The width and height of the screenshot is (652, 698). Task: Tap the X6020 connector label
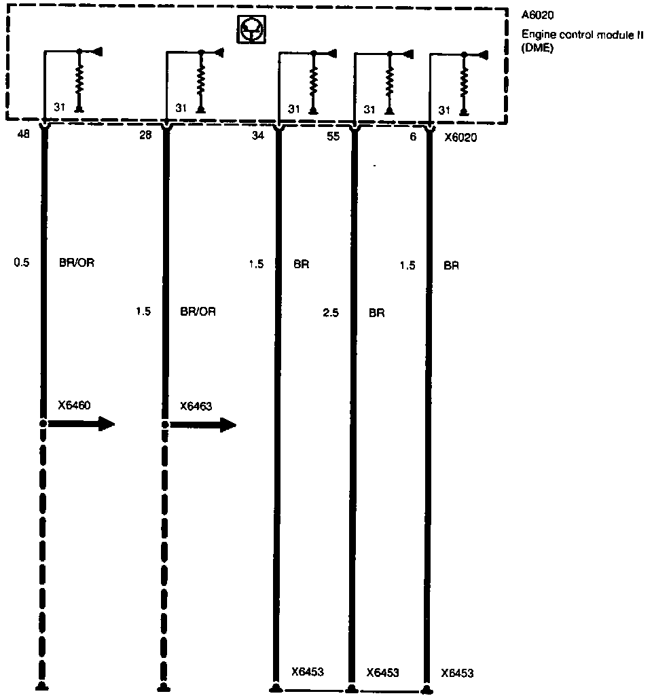(460, 136)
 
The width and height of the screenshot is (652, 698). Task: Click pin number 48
(23, 134)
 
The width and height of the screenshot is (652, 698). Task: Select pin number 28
(145, 135)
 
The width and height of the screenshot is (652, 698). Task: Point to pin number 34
(258, 135)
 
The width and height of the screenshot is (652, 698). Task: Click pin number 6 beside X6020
(412, 135)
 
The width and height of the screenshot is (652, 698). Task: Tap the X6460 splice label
(75, 405)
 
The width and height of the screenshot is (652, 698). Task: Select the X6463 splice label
(196, 406)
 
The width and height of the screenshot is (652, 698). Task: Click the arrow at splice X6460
(81, 424)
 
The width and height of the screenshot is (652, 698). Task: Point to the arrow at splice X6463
(203, 425)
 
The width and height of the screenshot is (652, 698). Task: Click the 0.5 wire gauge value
(22, 262)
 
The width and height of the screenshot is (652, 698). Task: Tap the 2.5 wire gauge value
(331, 313)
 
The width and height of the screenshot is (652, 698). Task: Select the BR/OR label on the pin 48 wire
(77, 262)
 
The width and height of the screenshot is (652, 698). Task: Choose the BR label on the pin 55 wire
(376, 313)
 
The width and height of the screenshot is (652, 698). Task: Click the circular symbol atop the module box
(251, 30)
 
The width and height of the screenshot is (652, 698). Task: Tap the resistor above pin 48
(79, 81)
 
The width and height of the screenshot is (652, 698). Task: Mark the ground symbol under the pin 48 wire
(42, 686)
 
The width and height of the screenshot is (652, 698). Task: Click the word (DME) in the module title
(537, 48)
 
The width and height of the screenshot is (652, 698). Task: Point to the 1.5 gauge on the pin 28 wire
(143, 312)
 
